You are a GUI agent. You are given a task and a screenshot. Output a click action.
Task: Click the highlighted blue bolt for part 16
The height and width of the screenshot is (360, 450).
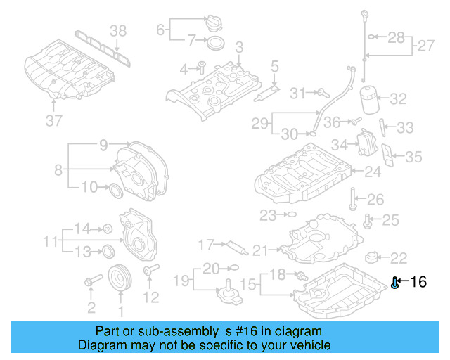[x=395, y=283]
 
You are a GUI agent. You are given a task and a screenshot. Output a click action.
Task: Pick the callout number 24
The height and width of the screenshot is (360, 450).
[x=372, y=171]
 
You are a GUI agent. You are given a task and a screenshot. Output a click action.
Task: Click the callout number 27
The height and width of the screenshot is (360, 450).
[x=426, y=46]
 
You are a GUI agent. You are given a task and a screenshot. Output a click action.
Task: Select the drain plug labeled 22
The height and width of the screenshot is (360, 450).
[x=373, y=257]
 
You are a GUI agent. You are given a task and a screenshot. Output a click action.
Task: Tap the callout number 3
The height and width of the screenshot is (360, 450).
[x=239, y=47]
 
